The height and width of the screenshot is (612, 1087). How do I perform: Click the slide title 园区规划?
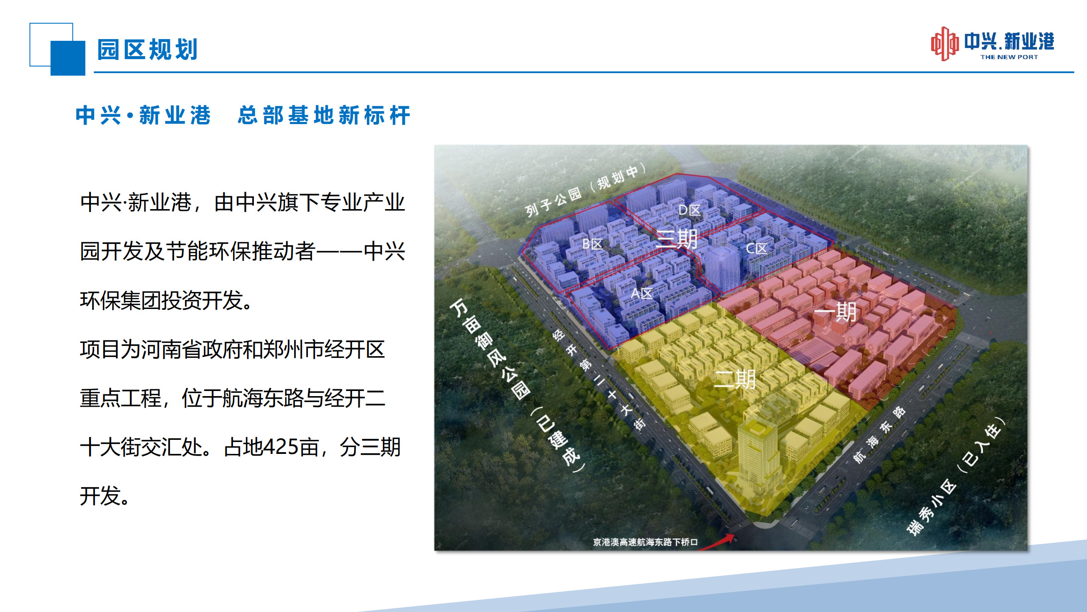point(147,50)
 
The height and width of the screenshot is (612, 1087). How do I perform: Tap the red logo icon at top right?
point(945,44)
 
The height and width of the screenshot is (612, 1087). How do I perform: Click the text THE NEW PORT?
point(1009,57)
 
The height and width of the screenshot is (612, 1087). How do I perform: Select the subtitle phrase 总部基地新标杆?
point(324,115)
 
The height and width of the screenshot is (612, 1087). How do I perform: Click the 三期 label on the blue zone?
point(677,238)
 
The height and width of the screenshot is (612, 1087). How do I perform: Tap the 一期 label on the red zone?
point(835,312)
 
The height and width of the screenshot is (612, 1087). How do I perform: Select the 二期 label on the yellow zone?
point(735,380)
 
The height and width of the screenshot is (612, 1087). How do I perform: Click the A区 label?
point(642,293)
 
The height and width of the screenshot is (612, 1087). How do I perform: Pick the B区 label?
point(592,244)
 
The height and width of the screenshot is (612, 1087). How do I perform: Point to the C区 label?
point(757,248)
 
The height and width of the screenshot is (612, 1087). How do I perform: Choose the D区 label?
point(689,210)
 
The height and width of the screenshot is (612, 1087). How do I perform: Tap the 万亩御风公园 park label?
point(490,348)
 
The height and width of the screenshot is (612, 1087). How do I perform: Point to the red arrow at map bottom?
point(717,543)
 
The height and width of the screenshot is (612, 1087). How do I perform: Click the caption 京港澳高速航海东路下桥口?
point(645,542)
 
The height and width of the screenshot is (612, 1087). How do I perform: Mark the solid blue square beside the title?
point(68,58)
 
